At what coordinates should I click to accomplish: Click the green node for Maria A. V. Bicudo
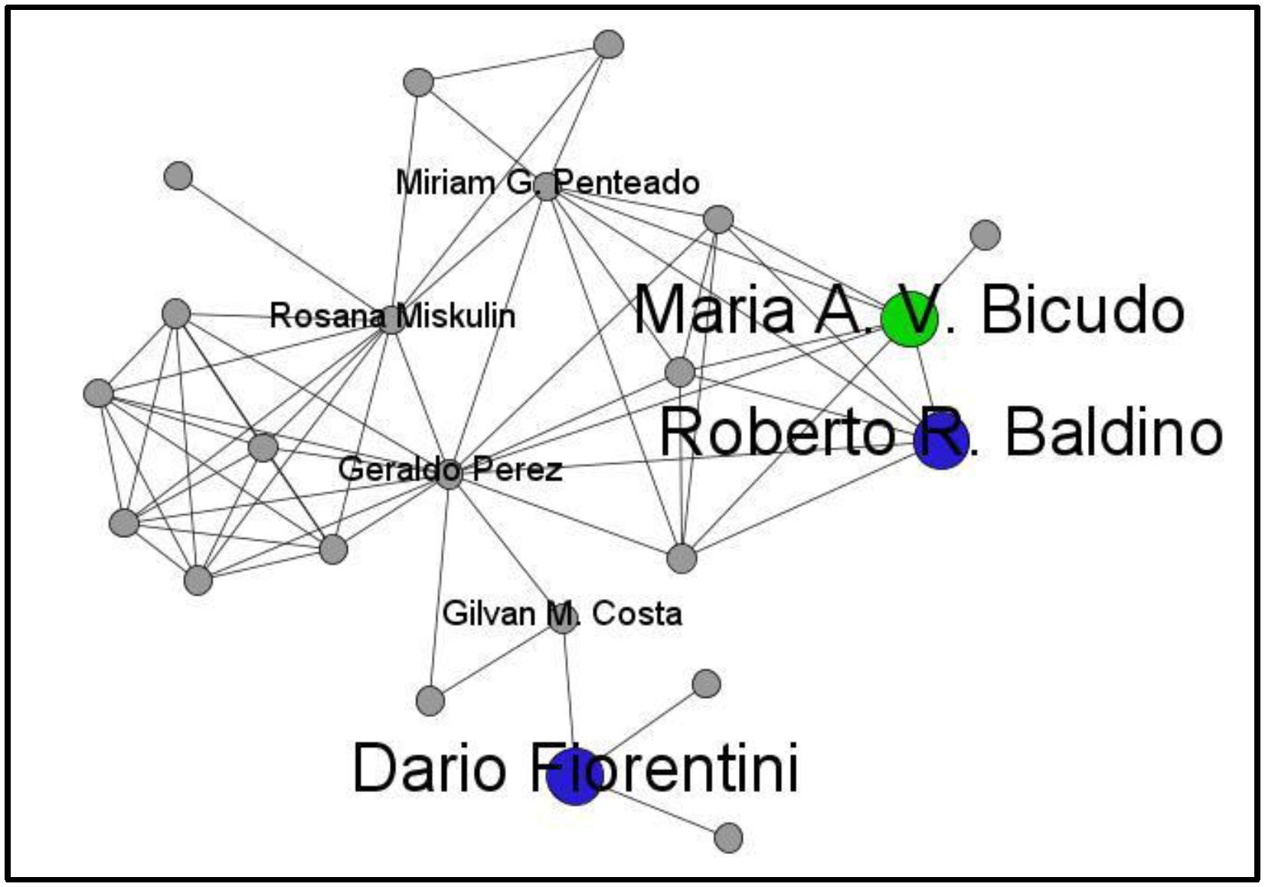[910, 319]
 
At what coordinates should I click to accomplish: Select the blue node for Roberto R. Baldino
[941, 442]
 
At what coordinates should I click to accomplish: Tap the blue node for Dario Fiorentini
[575, 776]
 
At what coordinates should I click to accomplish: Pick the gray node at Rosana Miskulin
[392, 319]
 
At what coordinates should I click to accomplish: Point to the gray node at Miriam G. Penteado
[546, 186]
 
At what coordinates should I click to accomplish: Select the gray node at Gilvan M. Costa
[563, 618]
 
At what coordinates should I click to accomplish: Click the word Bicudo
[1082, 310]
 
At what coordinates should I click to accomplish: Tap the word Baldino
[1113, 433]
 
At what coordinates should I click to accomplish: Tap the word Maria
[714, 310]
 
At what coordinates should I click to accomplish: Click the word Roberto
[776, 433]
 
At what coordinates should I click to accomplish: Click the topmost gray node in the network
[609, 44]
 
